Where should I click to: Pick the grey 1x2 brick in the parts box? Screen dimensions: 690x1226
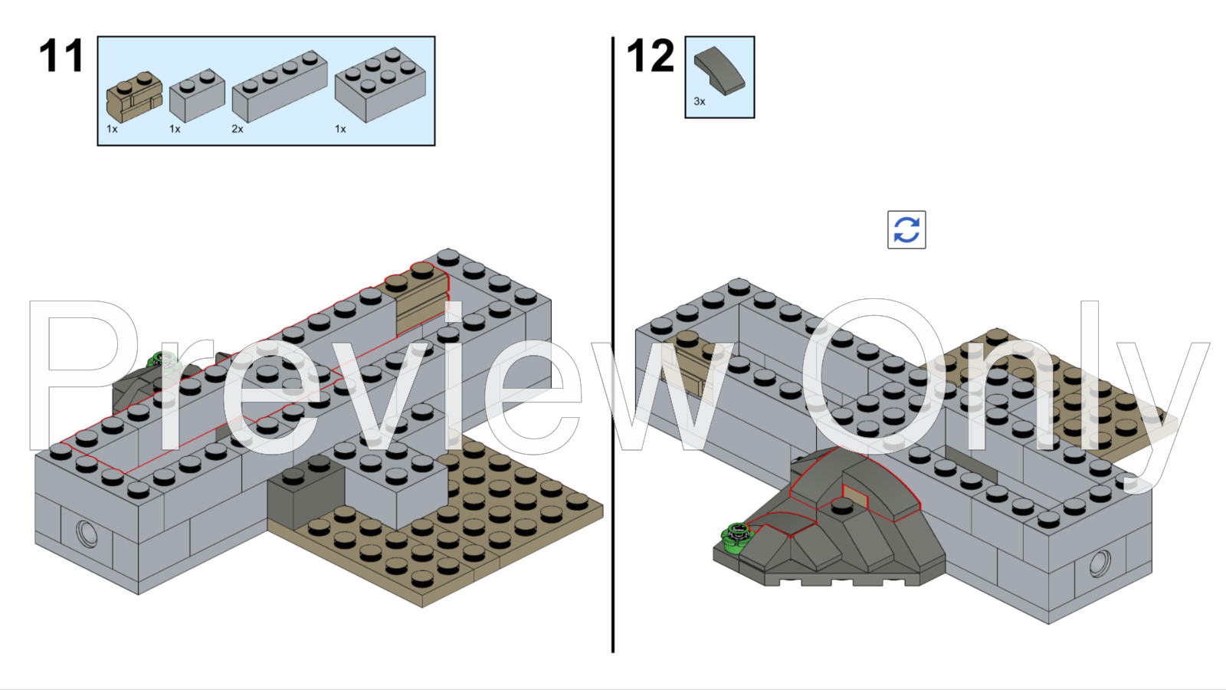[197, 94]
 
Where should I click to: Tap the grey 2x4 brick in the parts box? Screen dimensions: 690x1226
[380, 84]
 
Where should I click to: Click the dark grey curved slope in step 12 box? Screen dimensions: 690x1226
[719, 71]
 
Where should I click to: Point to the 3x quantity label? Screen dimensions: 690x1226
[700, 101]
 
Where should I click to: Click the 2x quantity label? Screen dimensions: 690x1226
[238, 129]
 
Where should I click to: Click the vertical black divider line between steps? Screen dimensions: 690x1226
[613, 345]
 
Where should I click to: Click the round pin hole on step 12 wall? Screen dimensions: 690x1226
[1100, 563]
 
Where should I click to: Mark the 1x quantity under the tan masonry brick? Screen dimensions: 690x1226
[112, 129]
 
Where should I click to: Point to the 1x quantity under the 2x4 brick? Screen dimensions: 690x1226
[340, 129]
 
